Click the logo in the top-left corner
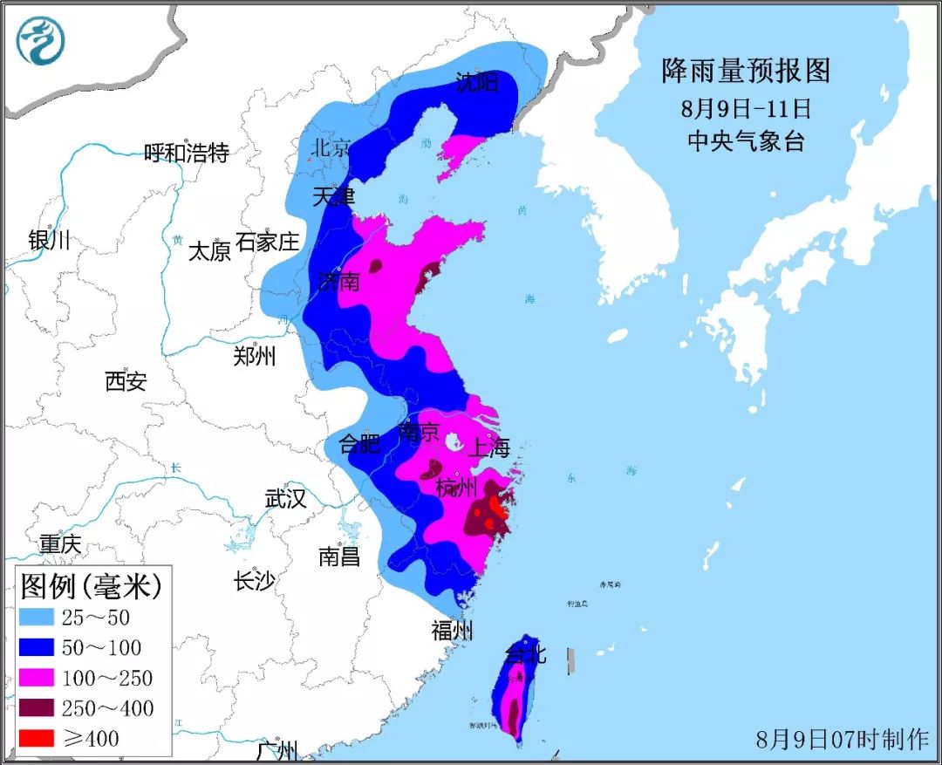(x=41, y=41)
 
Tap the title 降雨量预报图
(x=745, y=71)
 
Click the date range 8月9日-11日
(x=746, y=109)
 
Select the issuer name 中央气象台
(x=746, y=141)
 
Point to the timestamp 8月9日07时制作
(x=843, y=739)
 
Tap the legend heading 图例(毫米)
(x=91, y=585)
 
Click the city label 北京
(x=330, y=147)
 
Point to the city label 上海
(x=489, y=448)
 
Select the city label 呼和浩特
(x=187, y=154)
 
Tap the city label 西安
(x=126, y=381)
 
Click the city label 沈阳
(x=477, y=84)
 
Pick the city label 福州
(x=452, y=631)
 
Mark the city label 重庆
(x=60, y=544)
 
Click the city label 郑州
(x=255, y=356)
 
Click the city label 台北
(x=526, y=653)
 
